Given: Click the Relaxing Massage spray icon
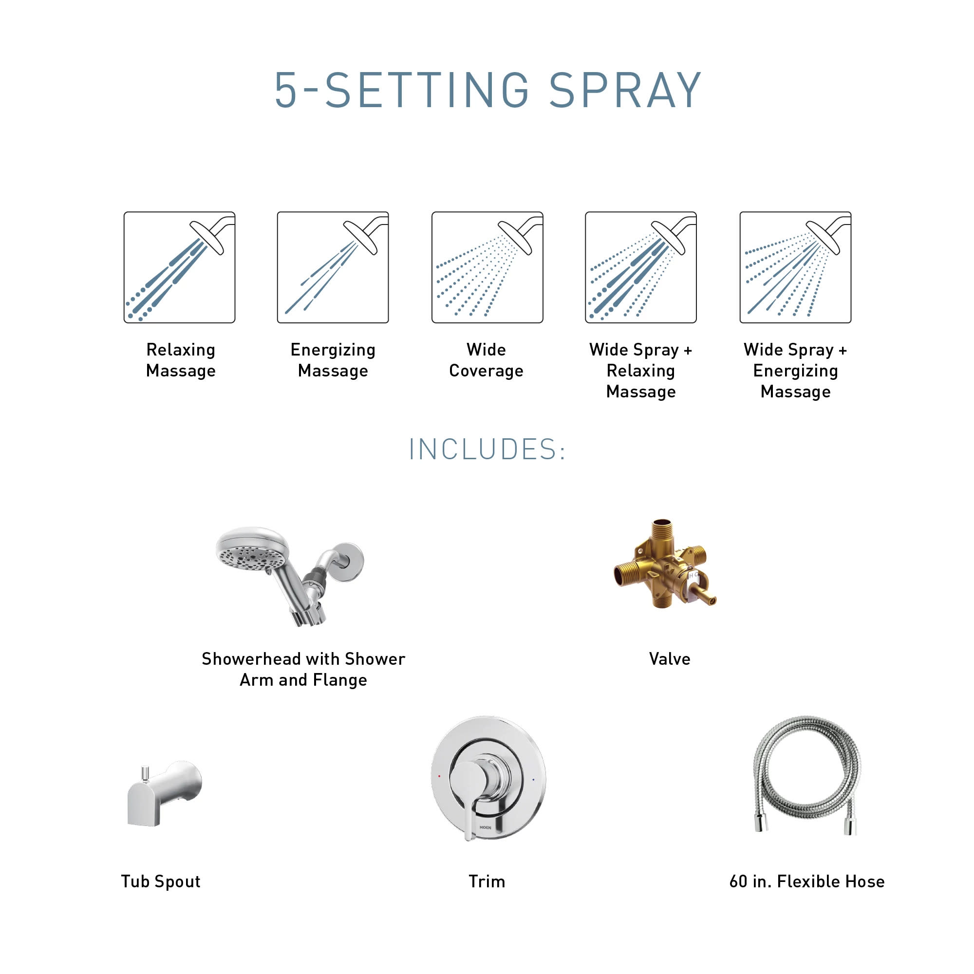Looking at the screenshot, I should [x=180, y=267].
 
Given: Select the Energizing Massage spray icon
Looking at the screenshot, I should [x=333, y=267].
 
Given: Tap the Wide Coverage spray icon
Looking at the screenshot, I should [x=487, y=267].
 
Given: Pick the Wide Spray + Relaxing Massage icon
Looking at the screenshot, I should [x=641, y=267].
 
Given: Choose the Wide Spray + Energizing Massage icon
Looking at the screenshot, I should [x=795, y=267].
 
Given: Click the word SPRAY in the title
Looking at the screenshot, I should [x=625, y=90].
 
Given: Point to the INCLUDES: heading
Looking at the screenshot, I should [x=487, y=449].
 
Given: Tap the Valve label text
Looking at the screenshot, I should [x=670, y=659].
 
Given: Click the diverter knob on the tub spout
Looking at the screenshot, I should [x=145, y=772].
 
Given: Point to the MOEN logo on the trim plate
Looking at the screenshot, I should [x=486, y=828].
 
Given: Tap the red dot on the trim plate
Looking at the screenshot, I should [x=439, y=776].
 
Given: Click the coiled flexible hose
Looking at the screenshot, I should [x=806, y=766].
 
